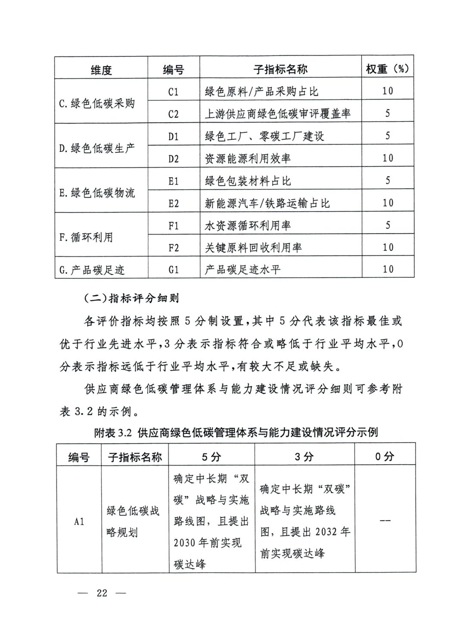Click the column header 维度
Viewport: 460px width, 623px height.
[101, 69]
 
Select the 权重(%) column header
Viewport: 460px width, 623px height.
[387, 68]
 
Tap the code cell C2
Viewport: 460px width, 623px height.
[173, 114]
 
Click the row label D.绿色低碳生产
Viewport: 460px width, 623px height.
[97, 148]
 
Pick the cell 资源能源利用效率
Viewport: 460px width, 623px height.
[248, 159]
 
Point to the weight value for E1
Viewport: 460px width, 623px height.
[388, 180]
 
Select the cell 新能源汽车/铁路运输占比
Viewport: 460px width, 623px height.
[267, 203]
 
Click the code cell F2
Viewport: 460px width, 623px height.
[173, 248]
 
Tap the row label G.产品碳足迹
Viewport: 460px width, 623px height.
[92, 270]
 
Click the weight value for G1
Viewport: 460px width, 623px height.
[388, 269]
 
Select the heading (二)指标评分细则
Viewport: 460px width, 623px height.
[131, 298]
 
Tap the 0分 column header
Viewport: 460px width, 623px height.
[385, 456]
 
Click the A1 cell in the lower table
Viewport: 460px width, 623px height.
[79, 521]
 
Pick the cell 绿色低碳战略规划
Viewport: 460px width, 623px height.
[133, 521]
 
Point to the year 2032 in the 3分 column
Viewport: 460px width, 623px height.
[325, 532]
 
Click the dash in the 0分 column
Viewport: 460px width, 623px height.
[385, 521]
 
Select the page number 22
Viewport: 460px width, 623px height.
[102, 593]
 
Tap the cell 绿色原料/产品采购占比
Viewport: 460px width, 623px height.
[261, 92]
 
